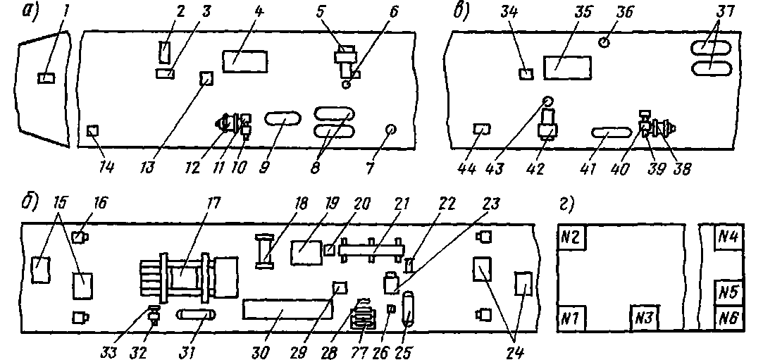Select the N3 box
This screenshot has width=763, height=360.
644,318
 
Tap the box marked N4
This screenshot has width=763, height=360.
728,237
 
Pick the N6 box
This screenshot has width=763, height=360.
728,318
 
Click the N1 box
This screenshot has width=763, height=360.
571,318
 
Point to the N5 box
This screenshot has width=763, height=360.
728,291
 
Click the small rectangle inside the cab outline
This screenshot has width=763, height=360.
46,77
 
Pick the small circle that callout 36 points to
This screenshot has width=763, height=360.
604,42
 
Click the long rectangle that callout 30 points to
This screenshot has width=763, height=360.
287,309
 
